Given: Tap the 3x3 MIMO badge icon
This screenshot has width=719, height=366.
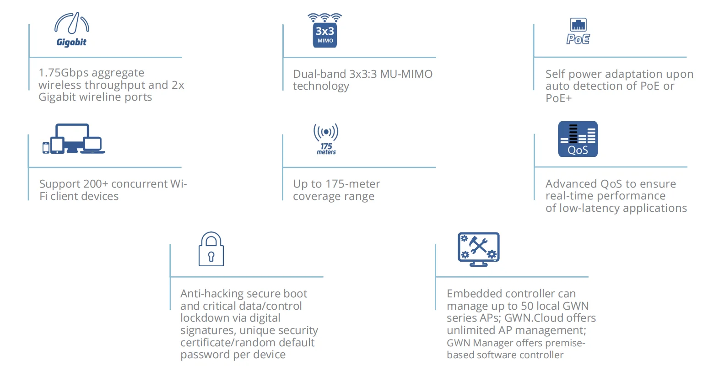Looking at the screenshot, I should tap(325, 31).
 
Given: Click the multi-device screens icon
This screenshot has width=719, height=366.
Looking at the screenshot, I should tap(73, 139).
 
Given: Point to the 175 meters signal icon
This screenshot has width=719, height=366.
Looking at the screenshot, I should tap(326, 139).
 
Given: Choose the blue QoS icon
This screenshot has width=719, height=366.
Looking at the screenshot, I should tap(578, 139).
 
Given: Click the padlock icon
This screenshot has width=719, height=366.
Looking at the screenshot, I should tap(211, 249).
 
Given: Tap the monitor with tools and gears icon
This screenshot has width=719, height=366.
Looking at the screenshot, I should tap(478, 249).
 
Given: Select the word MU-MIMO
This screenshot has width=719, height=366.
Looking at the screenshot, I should tap(406, 74).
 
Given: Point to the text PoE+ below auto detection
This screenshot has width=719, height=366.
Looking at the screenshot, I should tap(558, 98).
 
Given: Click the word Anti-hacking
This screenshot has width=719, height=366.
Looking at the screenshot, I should tap(214, 294).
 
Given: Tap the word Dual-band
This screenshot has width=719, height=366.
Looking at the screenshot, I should tap(319, 74).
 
